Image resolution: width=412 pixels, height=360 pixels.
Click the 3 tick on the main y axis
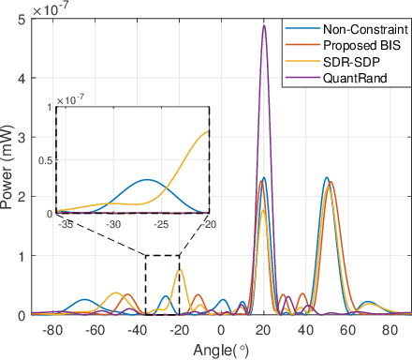21,137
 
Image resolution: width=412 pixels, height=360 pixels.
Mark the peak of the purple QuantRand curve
264,25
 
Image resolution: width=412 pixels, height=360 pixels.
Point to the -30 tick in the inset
113,225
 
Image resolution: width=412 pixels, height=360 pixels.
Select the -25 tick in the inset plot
161,225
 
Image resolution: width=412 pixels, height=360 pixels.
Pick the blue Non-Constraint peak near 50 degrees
326,178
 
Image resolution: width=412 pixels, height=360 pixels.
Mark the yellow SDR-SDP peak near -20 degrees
180,269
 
